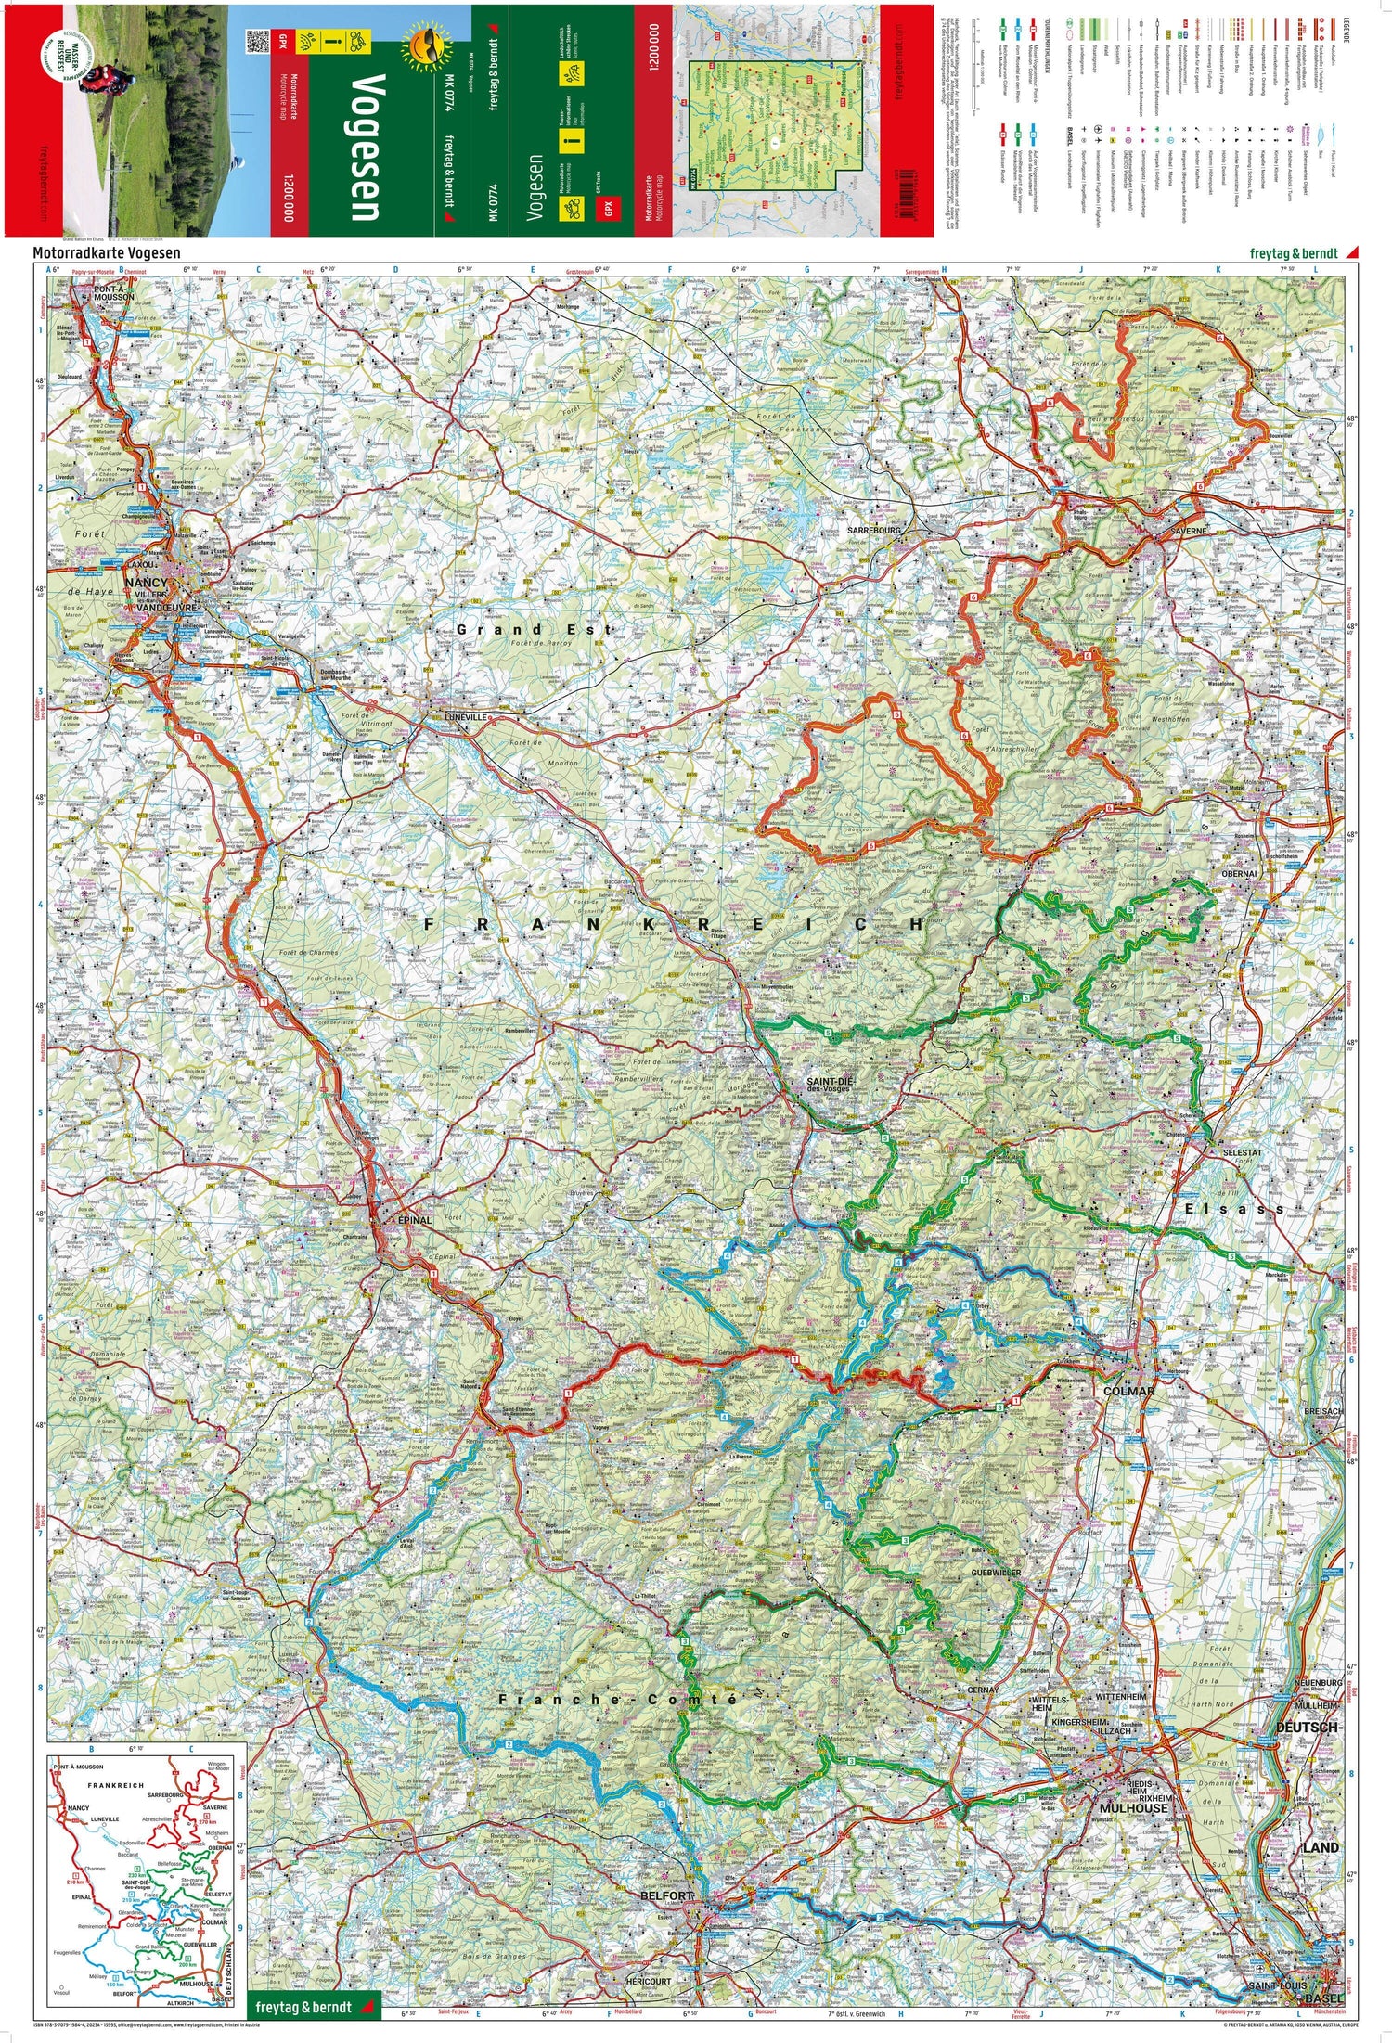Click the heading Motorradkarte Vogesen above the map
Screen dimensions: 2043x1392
coord(106,251)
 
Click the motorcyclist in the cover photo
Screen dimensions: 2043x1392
coord(97,80)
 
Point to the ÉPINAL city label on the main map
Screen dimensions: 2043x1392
coord(414,1220)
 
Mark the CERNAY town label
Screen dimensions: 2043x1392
coord(983,1690)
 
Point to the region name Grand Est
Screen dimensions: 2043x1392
coord(534,629)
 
